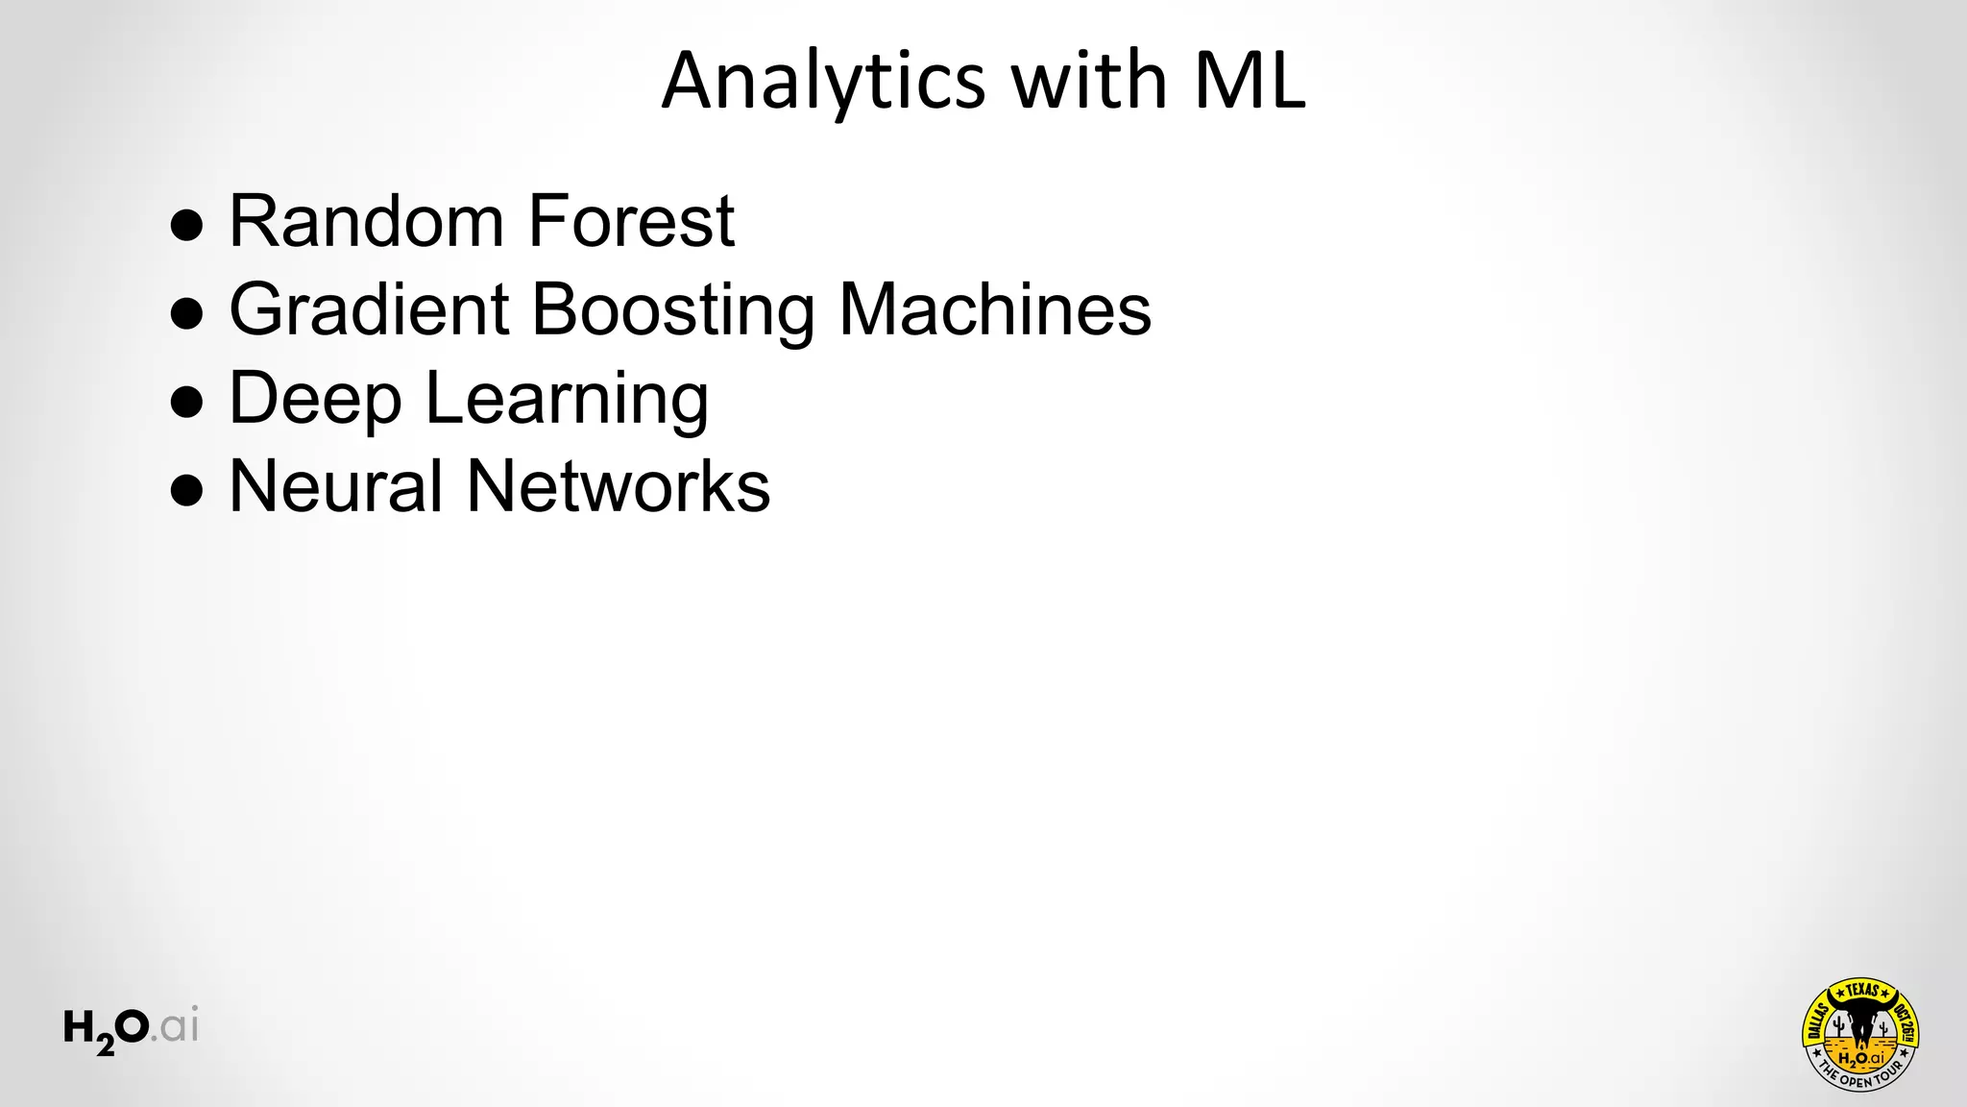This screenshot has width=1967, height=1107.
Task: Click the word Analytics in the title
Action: [x=823, y=81]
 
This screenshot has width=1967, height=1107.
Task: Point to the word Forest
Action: [x=631, y=221]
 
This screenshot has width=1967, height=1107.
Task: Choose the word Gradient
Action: [x=369, y=309]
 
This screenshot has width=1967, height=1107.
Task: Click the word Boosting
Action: [x=672, y=309]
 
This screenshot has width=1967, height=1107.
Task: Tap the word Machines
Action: [x=995, y=309]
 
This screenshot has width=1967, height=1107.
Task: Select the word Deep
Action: [x=315, y=398]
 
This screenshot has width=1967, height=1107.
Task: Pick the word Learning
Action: [x=567, y=398]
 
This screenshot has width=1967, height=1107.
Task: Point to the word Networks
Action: [x=618, y=486]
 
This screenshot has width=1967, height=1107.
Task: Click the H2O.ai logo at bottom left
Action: [x=131, y=1029]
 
